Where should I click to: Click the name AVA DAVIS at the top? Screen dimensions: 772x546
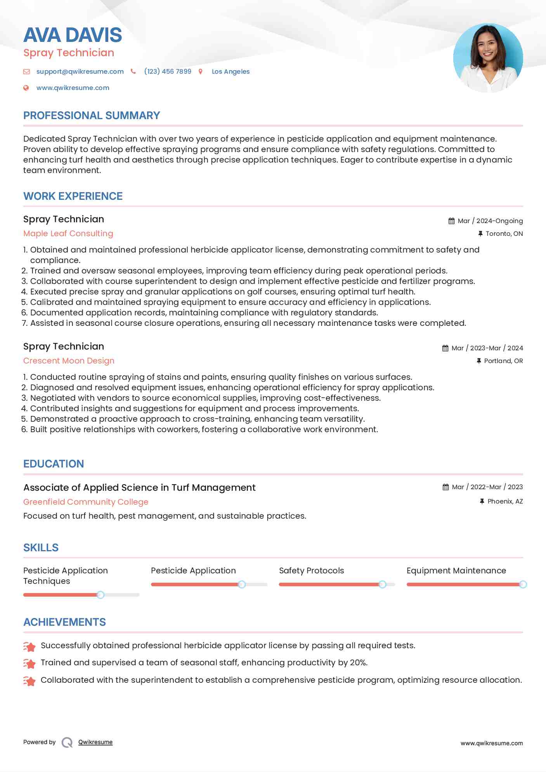tap(73, 35)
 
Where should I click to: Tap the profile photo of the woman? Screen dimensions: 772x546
tap(488, 58)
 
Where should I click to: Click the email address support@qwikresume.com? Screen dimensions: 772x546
tap(80, 71)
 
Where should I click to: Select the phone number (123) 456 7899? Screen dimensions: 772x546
tap(168, 71)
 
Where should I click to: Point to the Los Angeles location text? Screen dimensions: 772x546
tap(231, 71)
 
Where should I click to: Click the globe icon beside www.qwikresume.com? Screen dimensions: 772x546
tap(26, 88)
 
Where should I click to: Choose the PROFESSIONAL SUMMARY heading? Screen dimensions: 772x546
tap(92, 116)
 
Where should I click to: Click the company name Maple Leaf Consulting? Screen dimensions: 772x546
tap(68, 234)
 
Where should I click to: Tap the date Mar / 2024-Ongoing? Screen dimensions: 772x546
tap(490, 221)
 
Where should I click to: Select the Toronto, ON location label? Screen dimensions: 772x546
tap(504, 234)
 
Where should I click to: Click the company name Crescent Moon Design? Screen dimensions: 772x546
tap(69, 361)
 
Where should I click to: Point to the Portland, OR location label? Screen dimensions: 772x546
tap(503, 361)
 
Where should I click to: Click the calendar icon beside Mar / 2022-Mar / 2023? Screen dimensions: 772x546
tap(445, 487)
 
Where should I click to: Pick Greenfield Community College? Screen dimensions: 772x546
tap(86, 502)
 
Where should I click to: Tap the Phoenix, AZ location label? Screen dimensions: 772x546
tap(505, 501)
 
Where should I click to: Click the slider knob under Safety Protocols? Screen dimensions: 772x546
tap(382, 584)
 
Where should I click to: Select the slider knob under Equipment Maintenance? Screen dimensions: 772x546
tap(523, 584)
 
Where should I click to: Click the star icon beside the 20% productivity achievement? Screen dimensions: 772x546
tap(29, 663)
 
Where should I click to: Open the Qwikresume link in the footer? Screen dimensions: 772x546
tap(95, 742)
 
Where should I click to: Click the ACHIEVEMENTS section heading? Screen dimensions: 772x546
tap(64, 622)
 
